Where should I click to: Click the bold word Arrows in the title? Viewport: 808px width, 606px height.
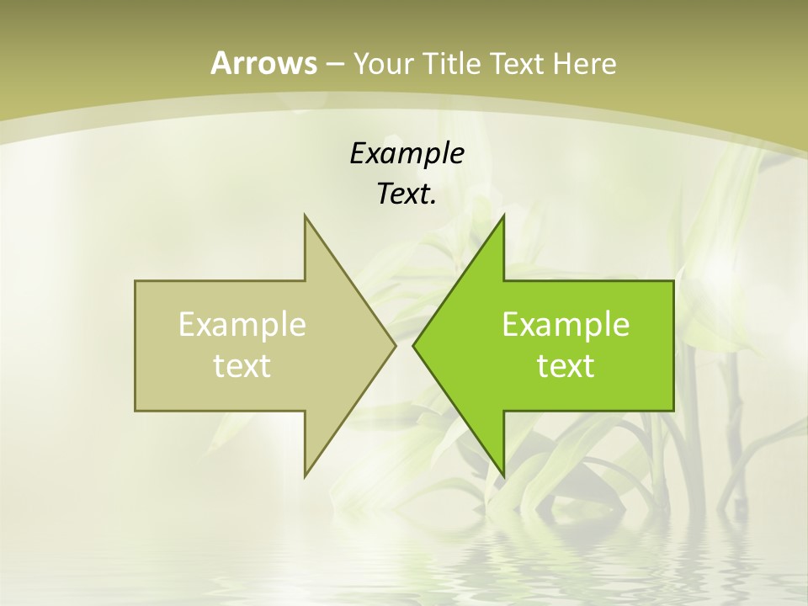click(264, 63)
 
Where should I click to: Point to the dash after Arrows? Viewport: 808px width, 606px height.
click(333, 64)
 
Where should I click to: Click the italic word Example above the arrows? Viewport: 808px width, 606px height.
click(407, 153)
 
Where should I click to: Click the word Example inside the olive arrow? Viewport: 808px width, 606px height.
click(242, 324)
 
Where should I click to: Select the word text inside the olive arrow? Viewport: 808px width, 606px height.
click(242, 365)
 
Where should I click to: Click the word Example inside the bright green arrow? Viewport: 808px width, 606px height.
click(566, 324)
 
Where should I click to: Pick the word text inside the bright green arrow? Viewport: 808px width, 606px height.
click(566, 365)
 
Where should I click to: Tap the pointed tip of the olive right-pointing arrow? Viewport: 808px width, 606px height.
click(395, 345)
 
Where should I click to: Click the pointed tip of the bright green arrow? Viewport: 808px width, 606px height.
click(413, 345)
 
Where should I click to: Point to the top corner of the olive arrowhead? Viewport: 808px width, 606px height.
click(306, 216)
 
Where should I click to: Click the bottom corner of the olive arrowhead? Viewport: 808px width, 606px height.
click(306, 476)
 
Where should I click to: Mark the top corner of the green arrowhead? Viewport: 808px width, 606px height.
click(503, 216)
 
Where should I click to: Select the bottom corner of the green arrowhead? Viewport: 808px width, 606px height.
click(503, 476)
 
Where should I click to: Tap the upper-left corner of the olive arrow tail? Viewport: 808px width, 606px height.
click(136, 282)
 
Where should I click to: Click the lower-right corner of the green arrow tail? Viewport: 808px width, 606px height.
click(672, 410)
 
